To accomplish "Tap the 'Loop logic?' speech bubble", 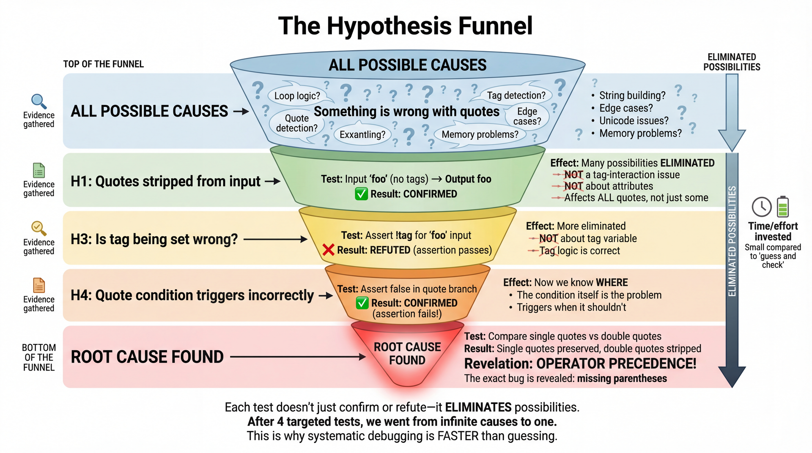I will [x=297, y=96].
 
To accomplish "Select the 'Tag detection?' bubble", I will [x=516, y=96].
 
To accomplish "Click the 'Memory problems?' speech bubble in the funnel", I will [x=480, y=134].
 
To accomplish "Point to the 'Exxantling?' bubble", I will [x=362, y=135].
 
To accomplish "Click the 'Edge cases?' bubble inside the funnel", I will [x=527, y=116].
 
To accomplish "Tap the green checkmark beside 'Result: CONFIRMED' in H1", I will [x=361, y=194].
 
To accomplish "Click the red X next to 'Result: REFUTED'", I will [x=328, y=250].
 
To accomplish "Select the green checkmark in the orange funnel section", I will [x=362, y=303].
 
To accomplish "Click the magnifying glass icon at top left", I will [x=38, y=101].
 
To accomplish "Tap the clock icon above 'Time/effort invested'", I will [x=762, y=207].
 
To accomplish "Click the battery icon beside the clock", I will [x=783, y=207].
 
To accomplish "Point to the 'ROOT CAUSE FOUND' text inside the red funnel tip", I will [x=407, y=354].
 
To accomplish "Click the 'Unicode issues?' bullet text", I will [x=634, y=121].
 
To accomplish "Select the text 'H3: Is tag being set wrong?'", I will [x=154, y=239].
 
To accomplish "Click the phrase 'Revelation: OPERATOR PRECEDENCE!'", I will [x=580, y=363].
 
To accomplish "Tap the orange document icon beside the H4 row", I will [x=39, y=286].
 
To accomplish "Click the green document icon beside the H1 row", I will [x=39, y=171].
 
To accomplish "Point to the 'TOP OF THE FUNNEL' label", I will [x=103, y=64].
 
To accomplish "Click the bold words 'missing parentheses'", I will [x=622, y=379].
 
